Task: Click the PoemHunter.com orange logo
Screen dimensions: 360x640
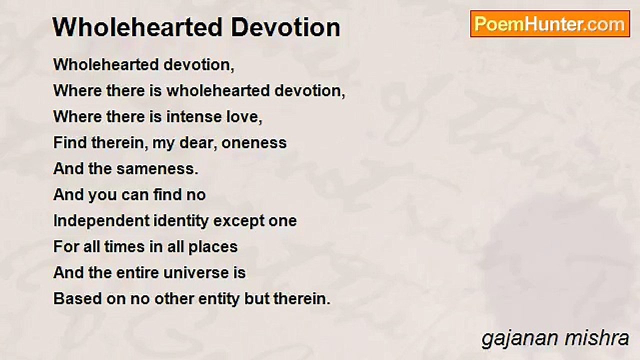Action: (550, 24)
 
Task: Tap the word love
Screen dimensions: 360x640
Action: (243, 117)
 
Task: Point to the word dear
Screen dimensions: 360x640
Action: (199, 143)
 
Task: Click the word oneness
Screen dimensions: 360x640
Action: (254, 143)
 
